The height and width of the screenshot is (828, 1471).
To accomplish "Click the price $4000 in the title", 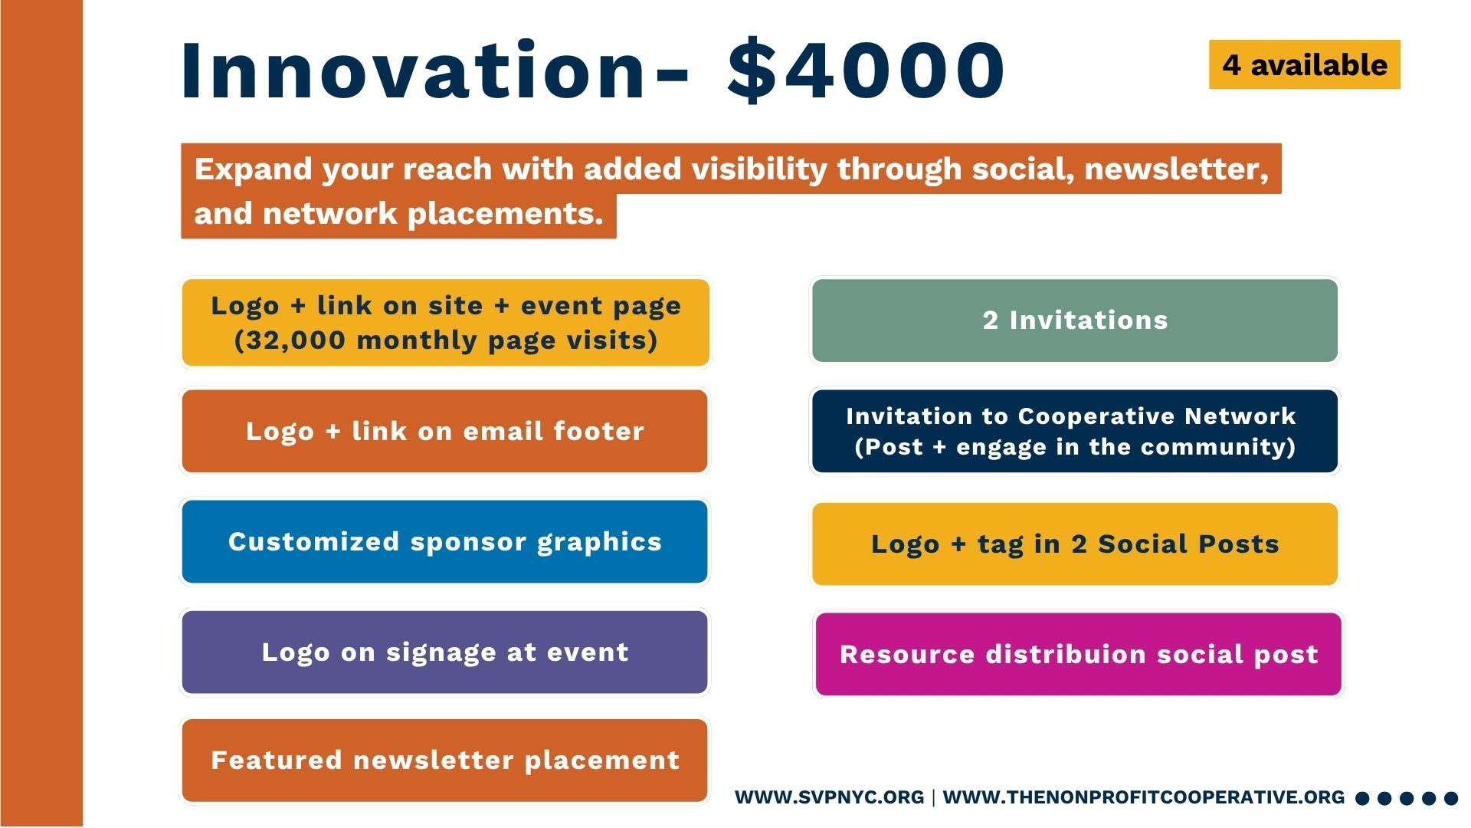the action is [866, 70].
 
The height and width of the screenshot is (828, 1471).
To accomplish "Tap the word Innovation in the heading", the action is [414, 70].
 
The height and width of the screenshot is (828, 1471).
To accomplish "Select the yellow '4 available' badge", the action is [1304, 64].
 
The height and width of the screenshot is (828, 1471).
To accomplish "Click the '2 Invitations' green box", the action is [1075, 320].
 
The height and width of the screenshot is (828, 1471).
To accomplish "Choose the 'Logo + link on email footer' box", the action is [444, 431].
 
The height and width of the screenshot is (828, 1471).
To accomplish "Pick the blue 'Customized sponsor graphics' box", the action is [444, 541].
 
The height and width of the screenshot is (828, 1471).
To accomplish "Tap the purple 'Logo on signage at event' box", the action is [444, 652].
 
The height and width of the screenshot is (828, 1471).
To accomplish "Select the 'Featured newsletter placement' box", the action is [444, 761].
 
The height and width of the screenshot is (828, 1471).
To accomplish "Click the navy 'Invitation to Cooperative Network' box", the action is [1075, 431].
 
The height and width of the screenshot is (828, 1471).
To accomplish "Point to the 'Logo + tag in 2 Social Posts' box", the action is [1075, 544].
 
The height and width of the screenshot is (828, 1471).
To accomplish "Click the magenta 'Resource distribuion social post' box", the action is [1079, 654].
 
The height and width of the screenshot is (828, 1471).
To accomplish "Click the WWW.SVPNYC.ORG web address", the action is [829, 797].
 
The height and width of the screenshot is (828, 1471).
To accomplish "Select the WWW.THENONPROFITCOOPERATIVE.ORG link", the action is [1144, 797].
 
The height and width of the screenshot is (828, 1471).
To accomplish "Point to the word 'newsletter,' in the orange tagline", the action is [1177, 169].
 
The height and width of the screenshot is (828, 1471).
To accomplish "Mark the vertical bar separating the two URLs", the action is [933, 797].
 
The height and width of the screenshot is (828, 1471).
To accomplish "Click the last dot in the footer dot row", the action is [1451, 799].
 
